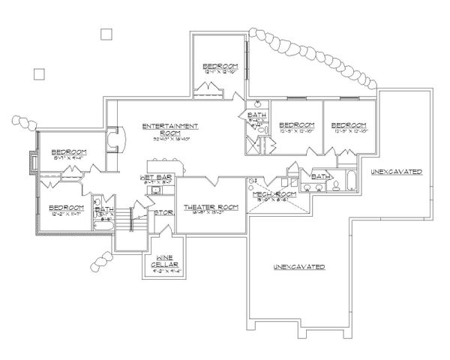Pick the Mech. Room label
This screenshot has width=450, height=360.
[275, 194]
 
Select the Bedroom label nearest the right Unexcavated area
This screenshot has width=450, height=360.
[349, 124]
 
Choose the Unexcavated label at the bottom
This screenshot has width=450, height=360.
[298, 268]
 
